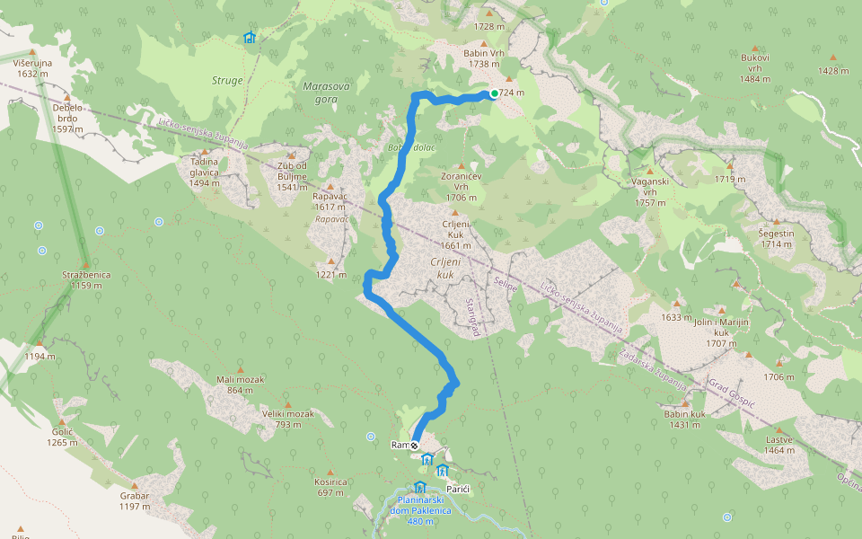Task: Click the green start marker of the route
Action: [x=495, y=93]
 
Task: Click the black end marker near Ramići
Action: [x=414, y=445]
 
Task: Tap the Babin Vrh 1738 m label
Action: [x=483, y=58]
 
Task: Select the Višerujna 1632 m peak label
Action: [x=33, y=67]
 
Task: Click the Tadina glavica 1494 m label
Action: [x=205, y=172]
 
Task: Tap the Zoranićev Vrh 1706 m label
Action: [x=462, y=186]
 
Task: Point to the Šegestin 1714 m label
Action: [x=777, y=238]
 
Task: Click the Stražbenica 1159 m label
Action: [x=85, y=279]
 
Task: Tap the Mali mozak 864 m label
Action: [x=240, y=384]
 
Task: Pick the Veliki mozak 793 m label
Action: [x=287, y=419]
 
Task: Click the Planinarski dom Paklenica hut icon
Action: [x=419, y=488]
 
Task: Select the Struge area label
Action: [x=227, y=81]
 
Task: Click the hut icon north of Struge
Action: [x=249, y=38]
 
